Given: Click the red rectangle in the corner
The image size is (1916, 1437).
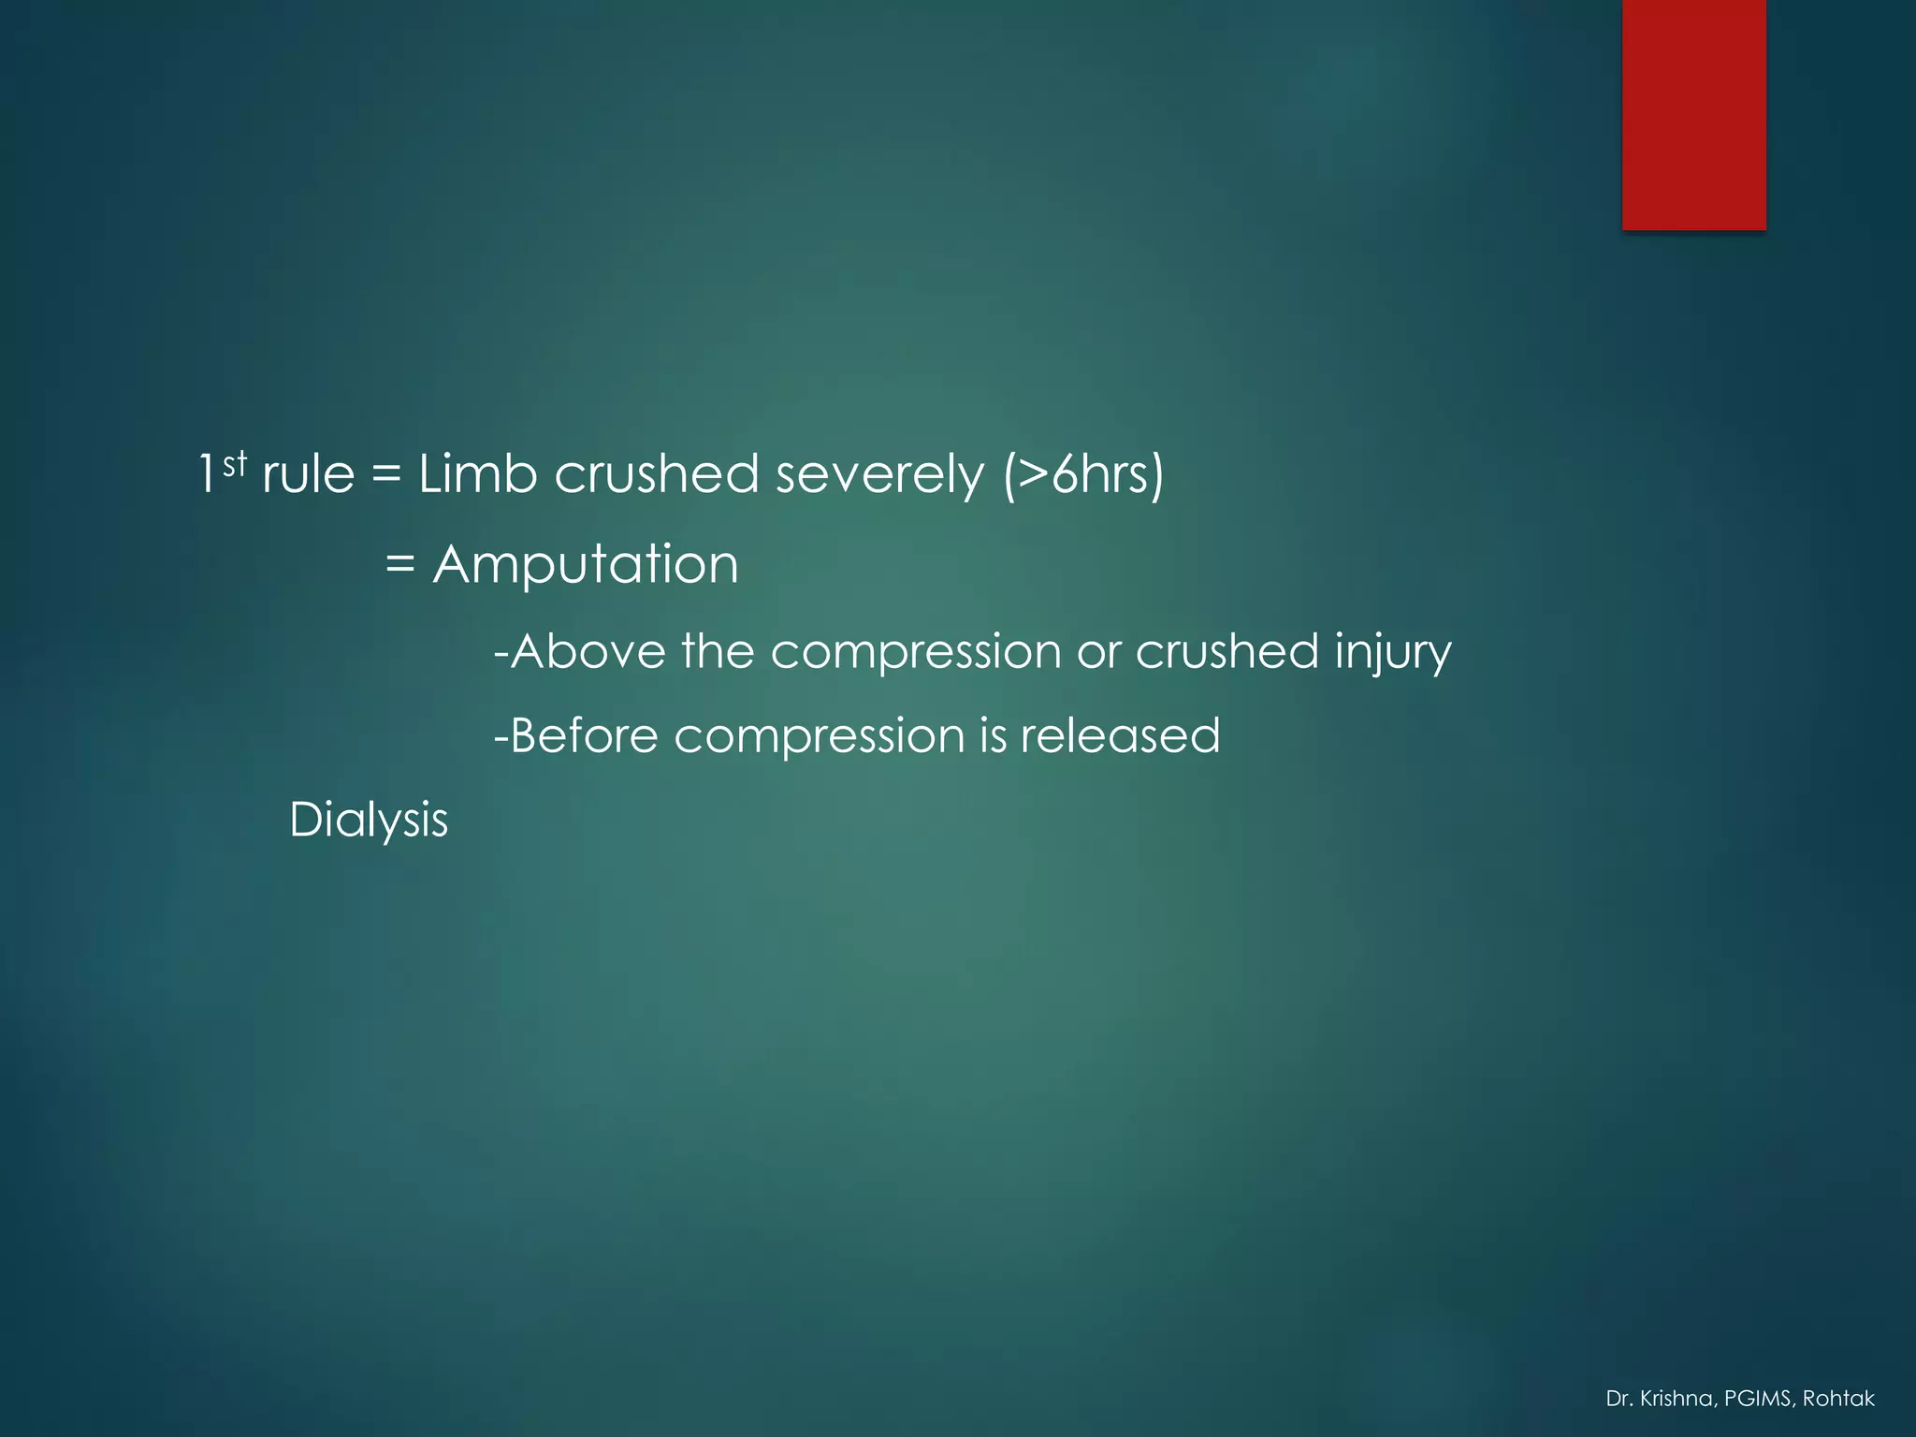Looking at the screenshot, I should point(1693,114).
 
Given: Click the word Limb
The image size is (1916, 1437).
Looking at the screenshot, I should point(477,473).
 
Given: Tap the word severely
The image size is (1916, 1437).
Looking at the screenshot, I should point(879,473).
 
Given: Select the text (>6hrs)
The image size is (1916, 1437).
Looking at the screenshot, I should point(1083,473).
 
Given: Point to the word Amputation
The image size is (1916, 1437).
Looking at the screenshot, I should point(586,564).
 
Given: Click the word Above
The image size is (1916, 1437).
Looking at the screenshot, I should point(588,651).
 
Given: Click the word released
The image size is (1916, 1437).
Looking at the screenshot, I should point(1120,735).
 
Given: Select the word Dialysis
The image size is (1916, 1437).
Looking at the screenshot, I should point(369,820).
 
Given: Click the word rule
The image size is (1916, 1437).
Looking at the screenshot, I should point(309,473).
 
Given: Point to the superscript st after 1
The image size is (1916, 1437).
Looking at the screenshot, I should point(235,462).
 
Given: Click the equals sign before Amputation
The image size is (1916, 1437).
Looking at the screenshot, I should point(399,564).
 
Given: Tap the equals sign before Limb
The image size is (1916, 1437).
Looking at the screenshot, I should point(385,473).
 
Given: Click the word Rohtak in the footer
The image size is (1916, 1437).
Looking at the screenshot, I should point(1838,1399).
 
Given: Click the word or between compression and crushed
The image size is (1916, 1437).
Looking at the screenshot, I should point(1097,651).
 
